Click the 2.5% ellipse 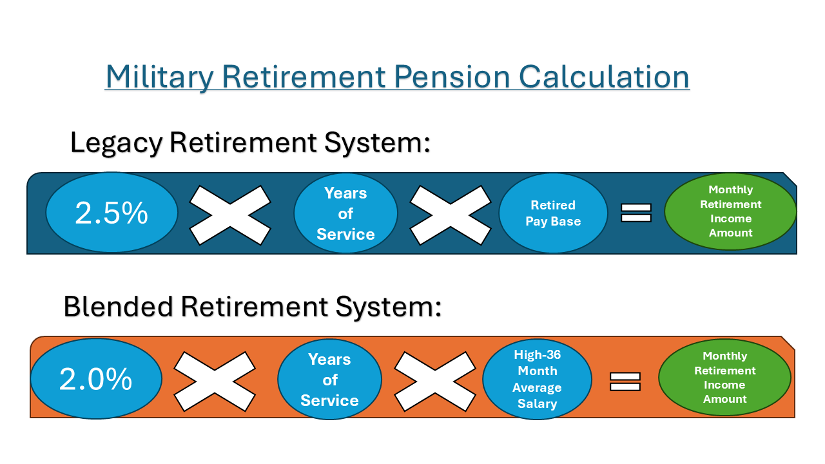112,213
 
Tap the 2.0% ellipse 96,379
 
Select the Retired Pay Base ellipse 553,213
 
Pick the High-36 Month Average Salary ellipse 537,379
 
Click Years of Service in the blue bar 345,213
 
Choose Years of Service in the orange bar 329,380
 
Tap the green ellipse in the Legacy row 730,211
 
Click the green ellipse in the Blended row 724,378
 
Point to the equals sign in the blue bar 636,213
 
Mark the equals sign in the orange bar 625,382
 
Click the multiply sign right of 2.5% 230,215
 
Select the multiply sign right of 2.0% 215,381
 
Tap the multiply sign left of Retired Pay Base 451,215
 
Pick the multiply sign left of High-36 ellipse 435,381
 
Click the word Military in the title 159,77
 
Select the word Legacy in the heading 116,142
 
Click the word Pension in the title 449,77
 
